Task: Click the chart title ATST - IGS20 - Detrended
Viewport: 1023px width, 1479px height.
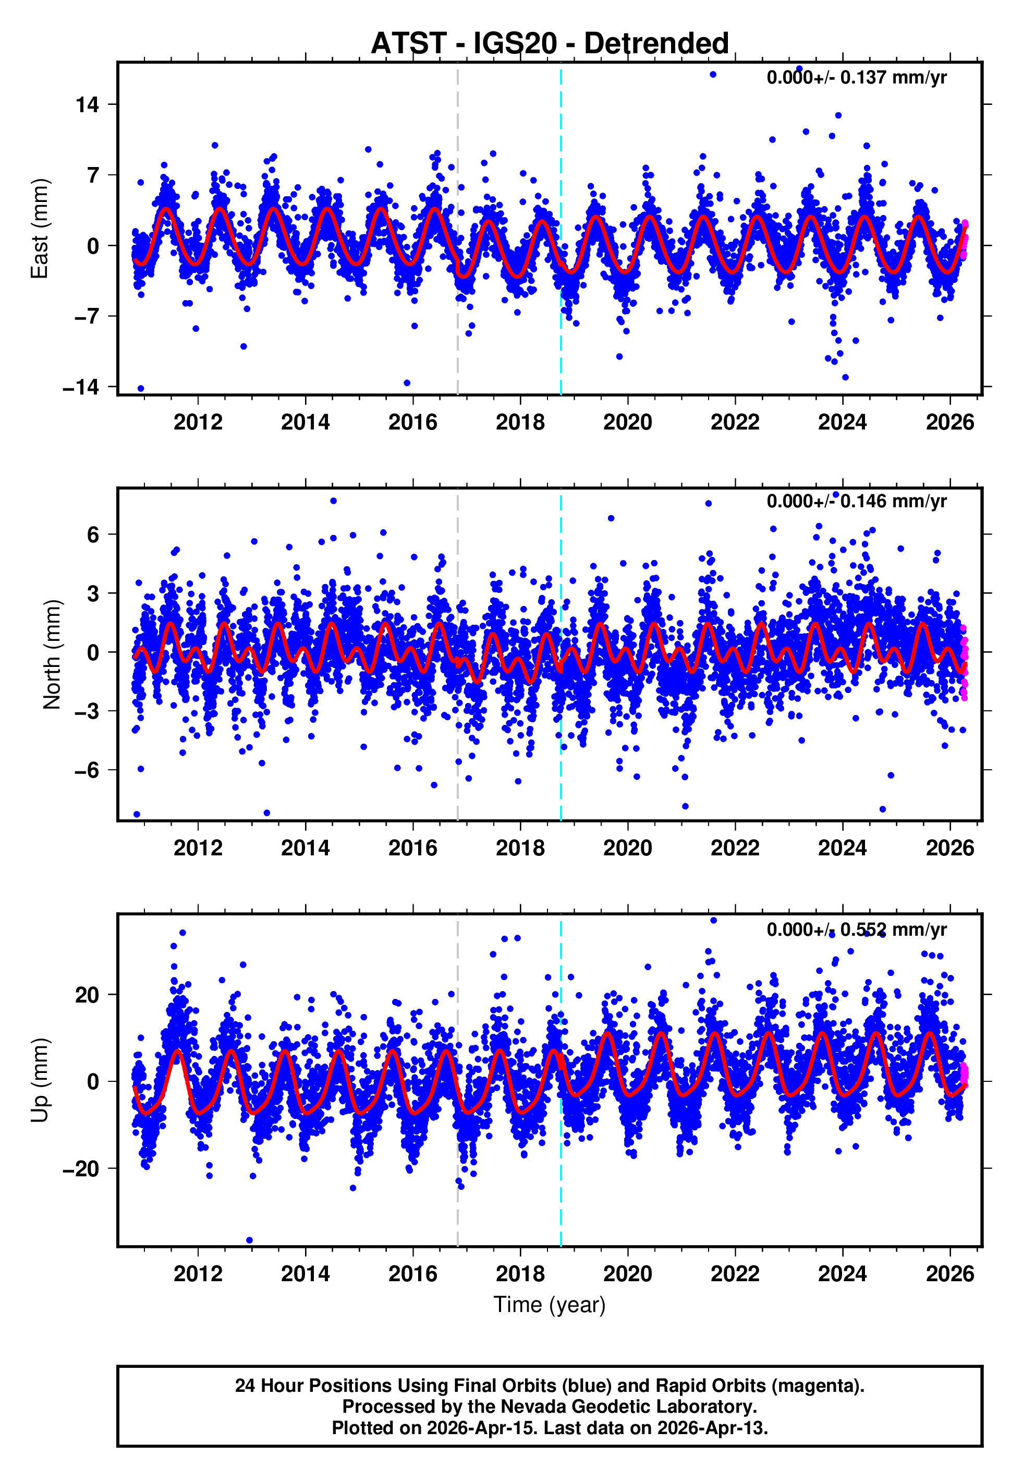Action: click(x=550, y=44)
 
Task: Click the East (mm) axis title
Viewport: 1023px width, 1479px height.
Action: click(x=40, y=229)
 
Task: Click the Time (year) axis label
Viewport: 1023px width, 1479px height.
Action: click(x=550, y=1305)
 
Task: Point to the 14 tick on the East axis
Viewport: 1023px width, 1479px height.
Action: click(x=87, y=104)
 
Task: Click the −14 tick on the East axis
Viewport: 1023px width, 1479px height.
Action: click(x=81, y=387)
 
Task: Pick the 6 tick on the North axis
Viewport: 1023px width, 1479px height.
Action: click(x=93, y=535)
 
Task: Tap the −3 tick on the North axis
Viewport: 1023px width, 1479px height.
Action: click(x=87, y=711)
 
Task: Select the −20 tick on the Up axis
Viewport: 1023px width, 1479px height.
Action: click(x=81, y=1168)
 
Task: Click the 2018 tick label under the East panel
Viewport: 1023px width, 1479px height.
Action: click(x=520, y=423)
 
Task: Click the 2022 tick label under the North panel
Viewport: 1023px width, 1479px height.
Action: click(x=735, y=849)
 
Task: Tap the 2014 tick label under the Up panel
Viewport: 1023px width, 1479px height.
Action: click(x=305, y=1274)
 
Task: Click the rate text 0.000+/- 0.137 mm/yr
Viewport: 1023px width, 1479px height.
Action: click(x=856, y=78)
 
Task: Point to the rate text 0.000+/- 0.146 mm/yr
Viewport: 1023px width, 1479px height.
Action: click(x=856, y=502)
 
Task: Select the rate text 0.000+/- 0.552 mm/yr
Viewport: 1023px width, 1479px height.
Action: click(x=856, y=929)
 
